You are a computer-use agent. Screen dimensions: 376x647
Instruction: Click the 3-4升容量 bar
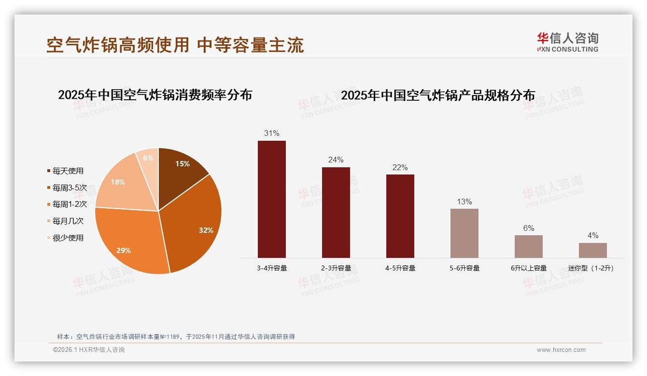(x=272, y=199)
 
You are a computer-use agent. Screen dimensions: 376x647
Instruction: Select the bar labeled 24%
(x=336, y=213)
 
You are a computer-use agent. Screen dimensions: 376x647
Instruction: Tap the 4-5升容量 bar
(x=400, y=216)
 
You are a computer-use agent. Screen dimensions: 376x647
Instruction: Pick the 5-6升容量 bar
(x=464, y=233)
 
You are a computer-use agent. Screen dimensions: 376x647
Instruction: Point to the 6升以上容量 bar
(x=529, y=246)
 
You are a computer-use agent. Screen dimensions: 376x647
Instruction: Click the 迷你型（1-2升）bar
(x=593, y=250)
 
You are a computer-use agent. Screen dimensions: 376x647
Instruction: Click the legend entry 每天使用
(x=68, y=171)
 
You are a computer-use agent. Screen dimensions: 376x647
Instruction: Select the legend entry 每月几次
(x=68, y=221)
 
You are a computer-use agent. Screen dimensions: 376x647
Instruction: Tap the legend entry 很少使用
(x=68, y=238)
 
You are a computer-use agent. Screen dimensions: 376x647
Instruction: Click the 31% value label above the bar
(x=272, y=133)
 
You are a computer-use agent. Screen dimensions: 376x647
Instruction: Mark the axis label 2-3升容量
(x=336, y=268)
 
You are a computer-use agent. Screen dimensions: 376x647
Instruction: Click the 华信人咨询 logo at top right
(x=568, y=42)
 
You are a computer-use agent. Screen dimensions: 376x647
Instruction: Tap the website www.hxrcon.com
(x=561, y=350)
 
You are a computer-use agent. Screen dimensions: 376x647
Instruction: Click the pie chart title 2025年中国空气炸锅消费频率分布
(x=155, y=95)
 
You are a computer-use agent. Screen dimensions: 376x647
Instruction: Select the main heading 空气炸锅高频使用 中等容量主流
(x=175, y=45)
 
